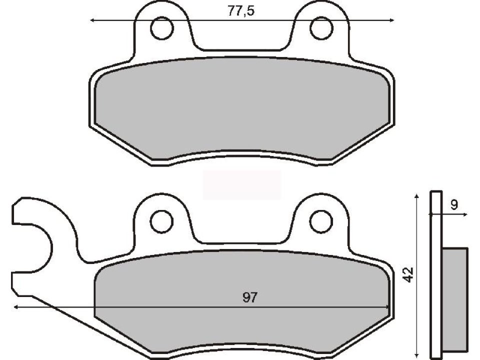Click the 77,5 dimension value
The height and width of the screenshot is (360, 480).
[241, 11]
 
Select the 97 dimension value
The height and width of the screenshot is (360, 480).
[250, 298]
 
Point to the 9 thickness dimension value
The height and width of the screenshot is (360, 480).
[453, 204]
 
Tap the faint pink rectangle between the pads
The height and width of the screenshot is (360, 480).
[242, 184]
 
